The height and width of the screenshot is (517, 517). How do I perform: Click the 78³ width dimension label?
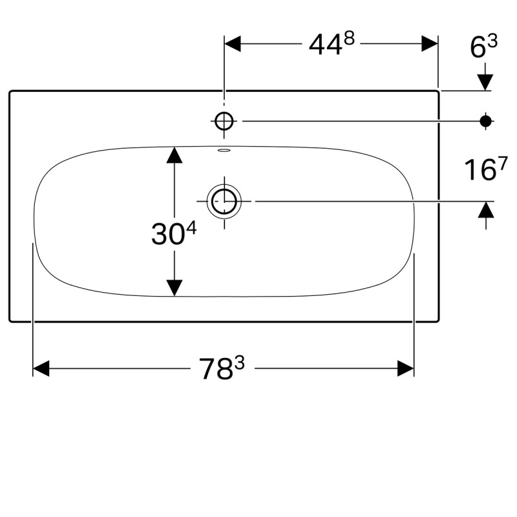pyautogui.click(x=222, y=369)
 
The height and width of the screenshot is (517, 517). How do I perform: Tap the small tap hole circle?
pyautogui.click(x=224, y=120)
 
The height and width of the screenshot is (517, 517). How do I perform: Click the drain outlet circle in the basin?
pyautogui.click(x=224, y=202)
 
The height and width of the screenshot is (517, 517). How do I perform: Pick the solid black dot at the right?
pyautogui.click(x=486, y=120)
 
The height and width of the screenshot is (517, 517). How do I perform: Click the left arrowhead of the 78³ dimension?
pyautogui.click(x=41, y=369)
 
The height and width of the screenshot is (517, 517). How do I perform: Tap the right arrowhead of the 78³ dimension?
pyautogui.click(x=406, y=369)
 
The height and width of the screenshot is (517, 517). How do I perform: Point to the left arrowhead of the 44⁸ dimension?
pyautogui.click(x=232, y=43)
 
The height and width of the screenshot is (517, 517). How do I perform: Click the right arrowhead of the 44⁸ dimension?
pyautogui.click(x=430, y=43)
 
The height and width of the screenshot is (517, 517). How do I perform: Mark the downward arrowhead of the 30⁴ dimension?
pyautogui.click(x=174, y=288)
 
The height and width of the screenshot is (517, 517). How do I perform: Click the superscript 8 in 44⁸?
pyautogui.click(x=349, y=39)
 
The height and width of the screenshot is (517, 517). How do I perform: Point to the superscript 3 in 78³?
pyautogui.click(x=240, y=363)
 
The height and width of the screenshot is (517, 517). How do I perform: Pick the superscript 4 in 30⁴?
pyautogui.click(x=191, y=228)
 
